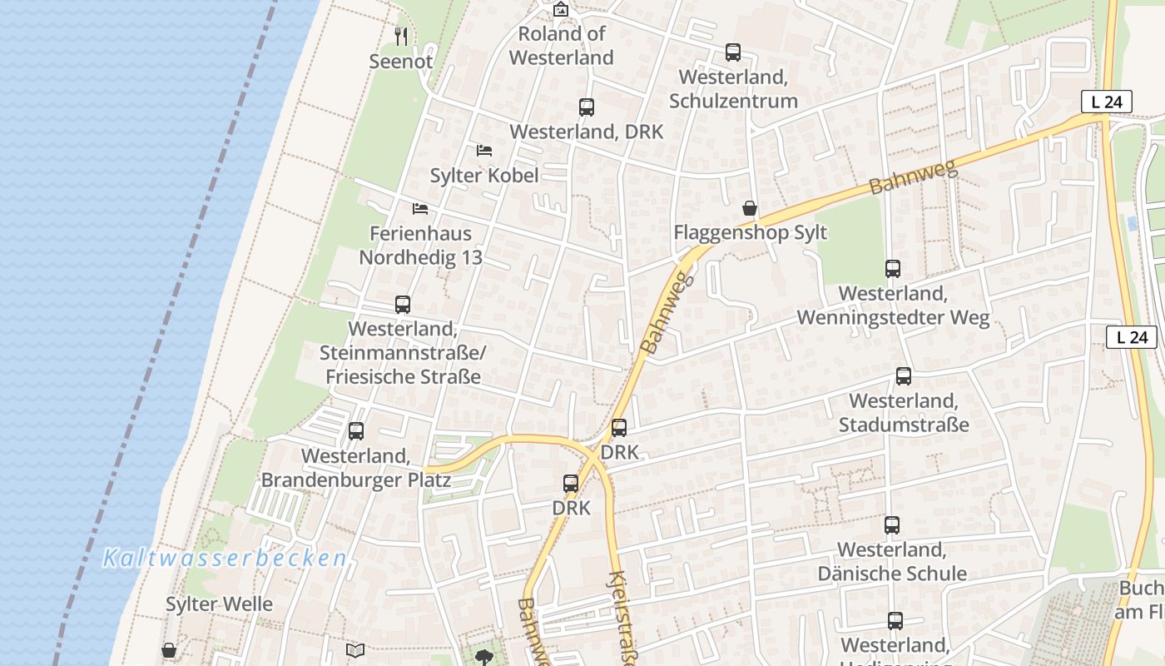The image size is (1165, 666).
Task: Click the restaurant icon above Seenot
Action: point(401,36)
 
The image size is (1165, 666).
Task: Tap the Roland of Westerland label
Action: point(562,46)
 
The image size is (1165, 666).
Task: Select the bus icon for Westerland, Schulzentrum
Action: point(733,52)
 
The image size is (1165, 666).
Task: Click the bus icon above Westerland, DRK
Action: point(587,107)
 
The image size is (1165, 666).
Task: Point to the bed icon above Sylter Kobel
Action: point(484,151)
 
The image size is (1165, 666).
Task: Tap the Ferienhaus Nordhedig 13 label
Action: point(420,246)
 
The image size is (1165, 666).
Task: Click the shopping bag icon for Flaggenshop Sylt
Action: point(750,208)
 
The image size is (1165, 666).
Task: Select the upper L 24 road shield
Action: point(1107,102)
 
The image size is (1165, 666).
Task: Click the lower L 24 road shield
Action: point(1132,337)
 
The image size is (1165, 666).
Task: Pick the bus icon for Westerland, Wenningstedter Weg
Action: point(893,269)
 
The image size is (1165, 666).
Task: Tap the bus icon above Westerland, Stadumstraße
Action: point(904,376)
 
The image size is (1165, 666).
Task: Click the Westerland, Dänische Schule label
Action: point(892,562)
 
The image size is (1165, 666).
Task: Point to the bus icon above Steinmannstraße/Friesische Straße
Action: point(403,305)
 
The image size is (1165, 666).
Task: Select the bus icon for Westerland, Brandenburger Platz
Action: point(356,431)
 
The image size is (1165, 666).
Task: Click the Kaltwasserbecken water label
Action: point(225,559)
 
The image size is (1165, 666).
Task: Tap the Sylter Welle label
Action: point(219,604)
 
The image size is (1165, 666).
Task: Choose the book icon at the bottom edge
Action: point(355,650)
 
